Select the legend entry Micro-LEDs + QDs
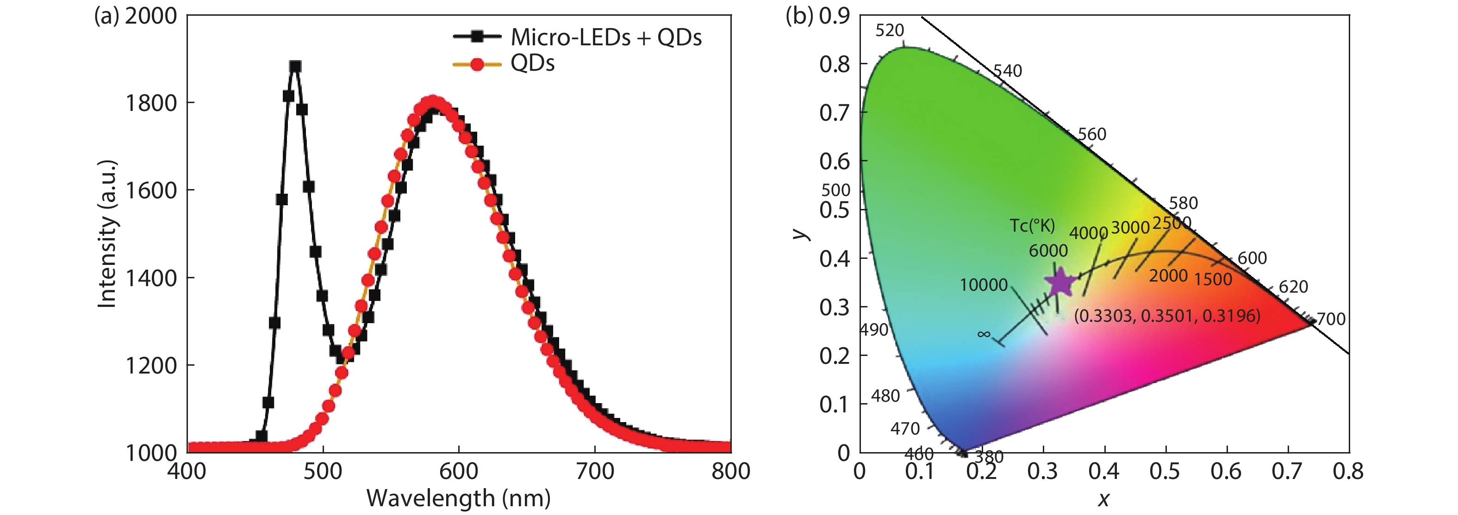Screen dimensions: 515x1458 click(x=605, y=37)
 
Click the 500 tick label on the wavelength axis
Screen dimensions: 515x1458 click(x=323, y=471)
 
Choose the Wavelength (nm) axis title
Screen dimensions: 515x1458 click(x=458, y=498)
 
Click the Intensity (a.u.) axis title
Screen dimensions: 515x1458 click(x=107, y=234)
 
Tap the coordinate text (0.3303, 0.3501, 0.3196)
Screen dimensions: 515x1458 click(x=1167, y=315)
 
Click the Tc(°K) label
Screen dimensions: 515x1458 click(x=1032, y=226)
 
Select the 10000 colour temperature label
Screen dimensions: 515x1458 click(x=984, y=284)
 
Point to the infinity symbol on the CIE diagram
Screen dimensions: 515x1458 click(x=984, y=334)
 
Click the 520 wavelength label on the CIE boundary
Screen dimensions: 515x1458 click(x=890, y=31)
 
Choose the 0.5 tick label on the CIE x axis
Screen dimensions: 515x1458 click(x=1165, y=471)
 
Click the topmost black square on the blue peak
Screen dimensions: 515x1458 click(x=295, y=66)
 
